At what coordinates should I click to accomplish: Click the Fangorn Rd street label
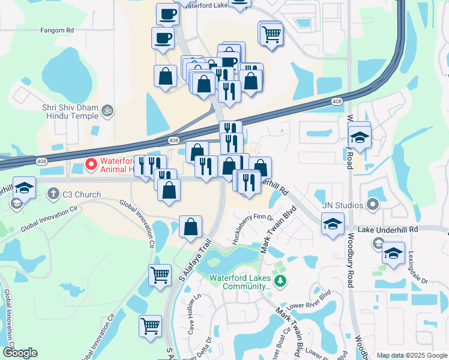point(57,29)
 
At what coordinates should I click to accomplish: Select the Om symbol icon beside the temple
point(108,110)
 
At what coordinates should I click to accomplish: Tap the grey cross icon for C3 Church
point(53,194)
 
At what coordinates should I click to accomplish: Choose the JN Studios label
point(342,205)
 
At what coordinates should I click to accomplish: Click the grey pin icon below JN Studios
point(373,205)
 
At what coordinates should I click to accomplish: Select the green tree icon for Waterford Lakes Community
point(279,281)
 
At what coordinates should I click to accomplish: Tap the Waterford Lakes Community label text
point(240,282)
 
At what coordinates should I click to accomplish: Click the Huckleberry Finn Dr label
point(252,230)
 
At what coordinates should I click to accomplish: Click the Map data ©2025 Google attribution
point(411,355)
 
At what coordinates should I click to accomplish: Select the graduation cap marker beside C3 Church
point(24,189)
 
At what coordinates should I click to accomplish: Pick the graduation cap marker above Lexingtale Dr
point(393,253)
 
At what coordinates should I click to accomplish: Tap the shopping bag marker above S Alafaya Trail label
point(190,227)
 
